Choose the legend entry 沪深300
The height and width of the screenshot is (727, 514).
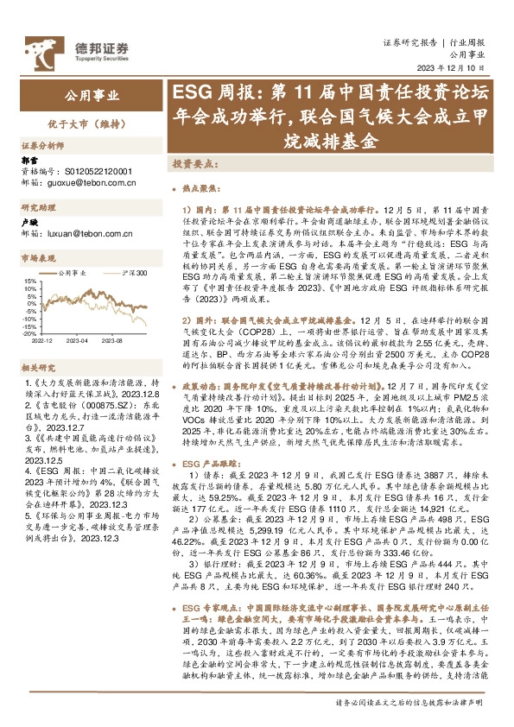pyautogui.click(x=134, y=273)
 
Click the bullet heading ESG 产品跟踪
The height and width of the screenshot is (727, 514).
pyautogui.click(x=215, y=464)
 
